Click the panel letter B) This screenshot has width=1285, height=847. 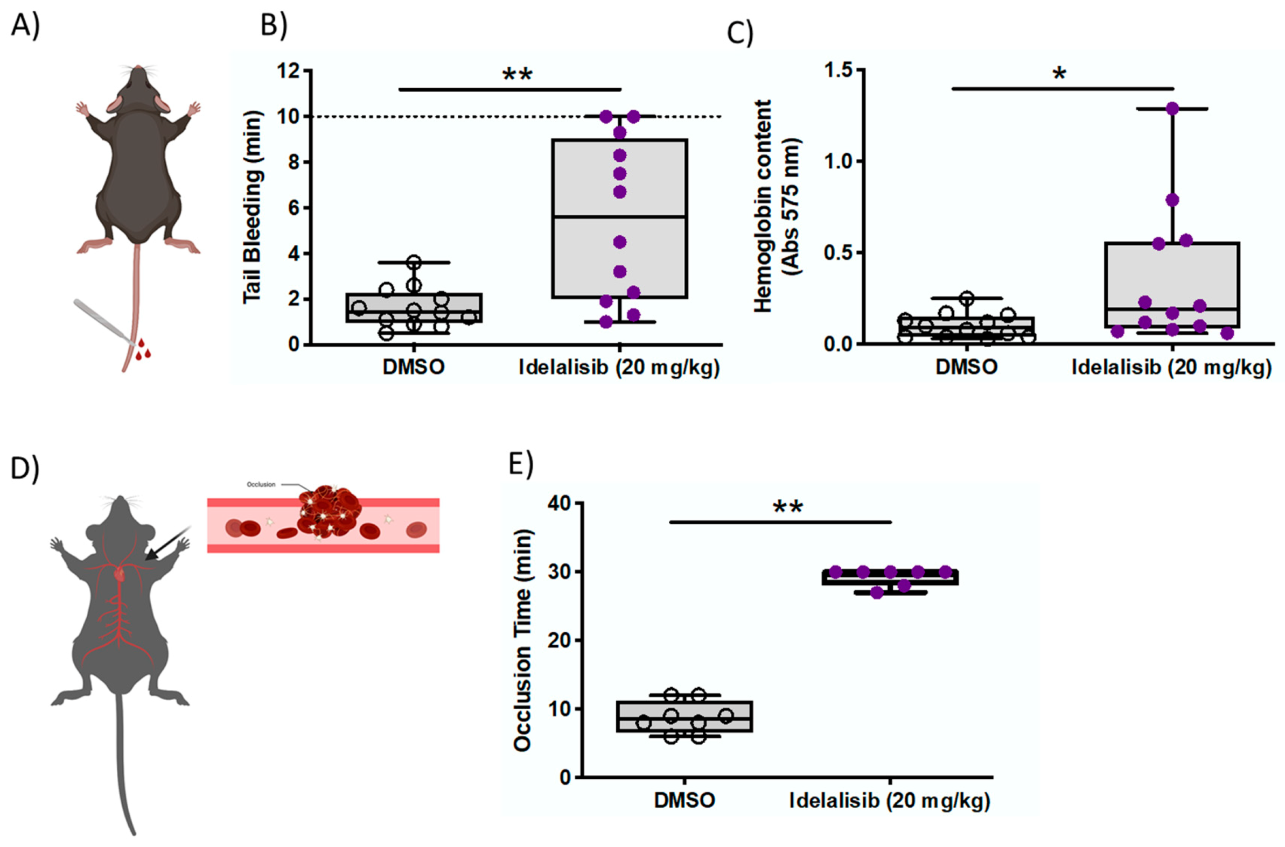[x=274, y=25]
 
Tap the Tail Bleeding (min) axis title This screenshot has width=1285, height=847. [x=252, y=208]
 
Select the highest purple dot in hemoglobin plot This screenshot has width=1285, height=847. [x=1172, y=109]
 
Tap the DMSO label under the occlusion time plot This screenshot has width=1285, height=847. [x=685, y=800]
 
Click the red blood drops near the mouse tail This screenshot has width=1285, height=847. [x=143, y=349]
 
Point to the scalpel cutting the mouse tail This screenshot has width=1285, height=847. [x=103, y=321]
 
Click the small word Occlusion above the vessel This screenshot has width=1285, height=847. [x=261, y=484]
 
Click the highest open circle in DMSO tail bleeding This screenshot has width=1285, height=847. [x=414, y=263]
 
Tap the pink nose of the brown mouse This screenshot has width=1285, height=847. [x=139, y=68]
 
